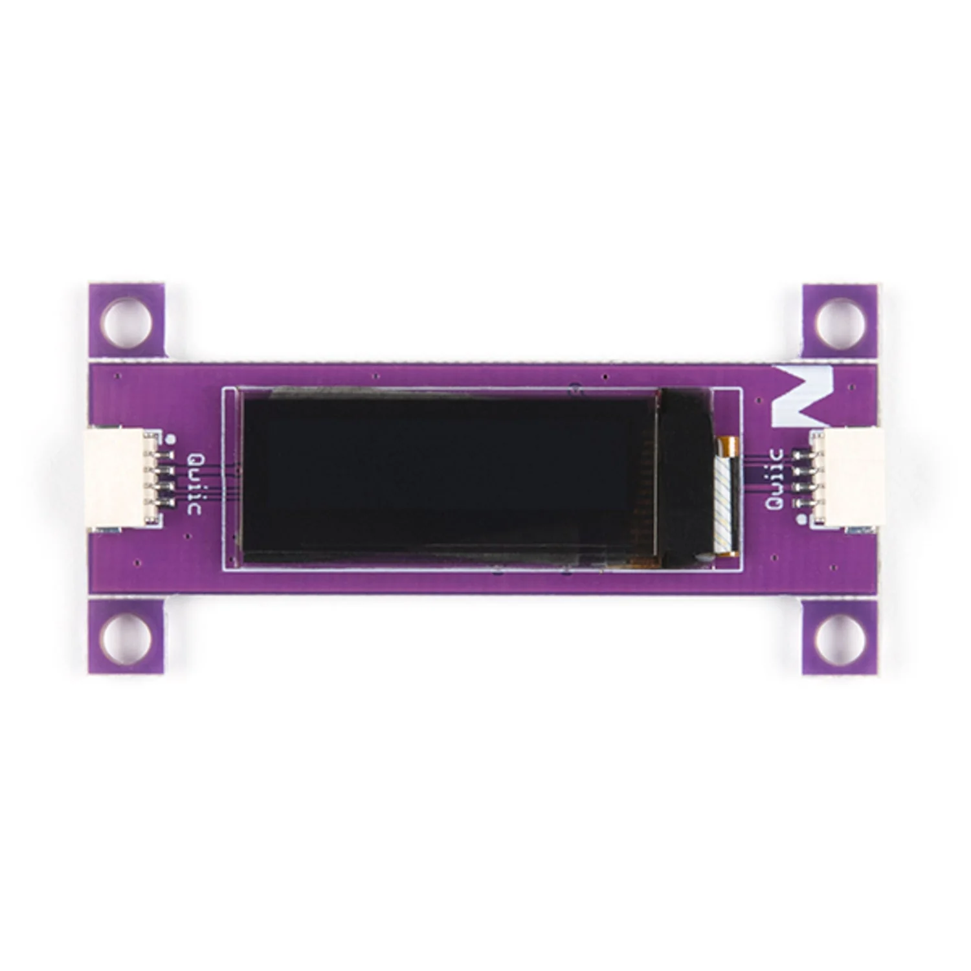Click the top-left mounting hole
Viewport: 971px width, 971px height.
click(127, 322)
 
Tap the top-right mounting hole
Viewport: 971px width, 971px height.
click(840, 322)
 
